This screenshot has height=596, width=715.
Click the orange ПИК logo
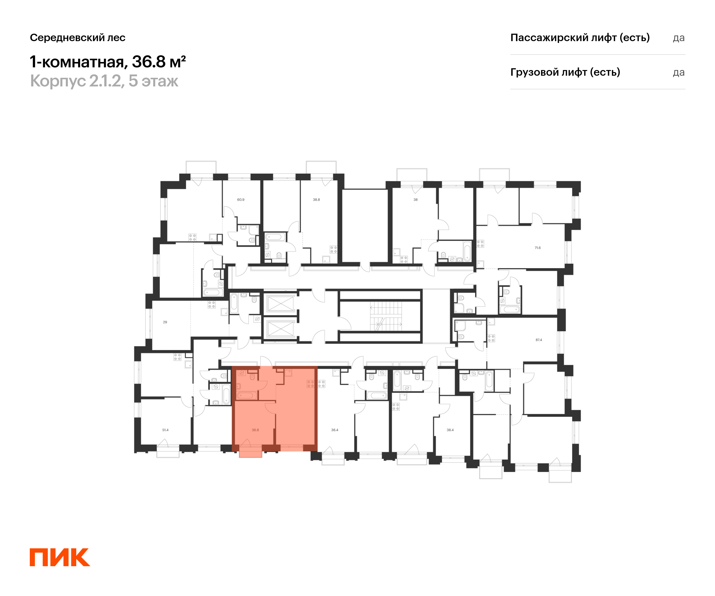point(60,557)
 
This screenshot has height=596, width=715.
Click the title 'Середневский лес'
point(78,38)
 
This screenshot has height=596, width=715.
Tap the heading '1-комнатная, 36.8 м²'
point(108,62)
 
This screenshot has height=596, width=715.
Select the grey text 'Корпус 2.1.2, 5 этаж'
point(104,81)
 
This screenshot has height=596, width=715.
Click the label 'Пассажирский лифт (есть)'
point(580,38)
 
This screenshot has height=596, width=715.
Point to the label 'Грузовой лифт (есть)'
point(565,72)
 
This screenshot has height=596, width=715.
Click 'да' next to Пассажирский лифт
point(679,38)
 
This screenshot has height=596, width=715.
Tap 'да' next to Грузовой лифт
point(679,72)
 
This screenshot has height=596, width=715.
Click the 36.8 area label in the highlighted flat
point(255,430)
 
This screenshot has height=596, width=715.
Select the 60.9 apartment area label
point(241,200)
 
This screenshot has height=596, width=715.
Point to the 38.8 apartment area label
point(316,200)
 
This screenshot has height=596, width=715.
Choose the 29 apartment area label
point(165,322)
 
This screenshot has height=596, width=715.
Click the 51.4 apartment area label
point(165,430)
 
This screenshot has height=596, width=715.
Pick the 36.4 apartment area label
point(335,430)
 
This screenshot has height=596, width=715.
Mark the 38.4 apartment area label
point(450,430)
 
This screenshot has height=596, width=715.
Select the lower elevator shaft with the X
point(281,329)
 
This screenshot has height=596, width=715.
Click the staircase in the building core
point(386,316)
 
